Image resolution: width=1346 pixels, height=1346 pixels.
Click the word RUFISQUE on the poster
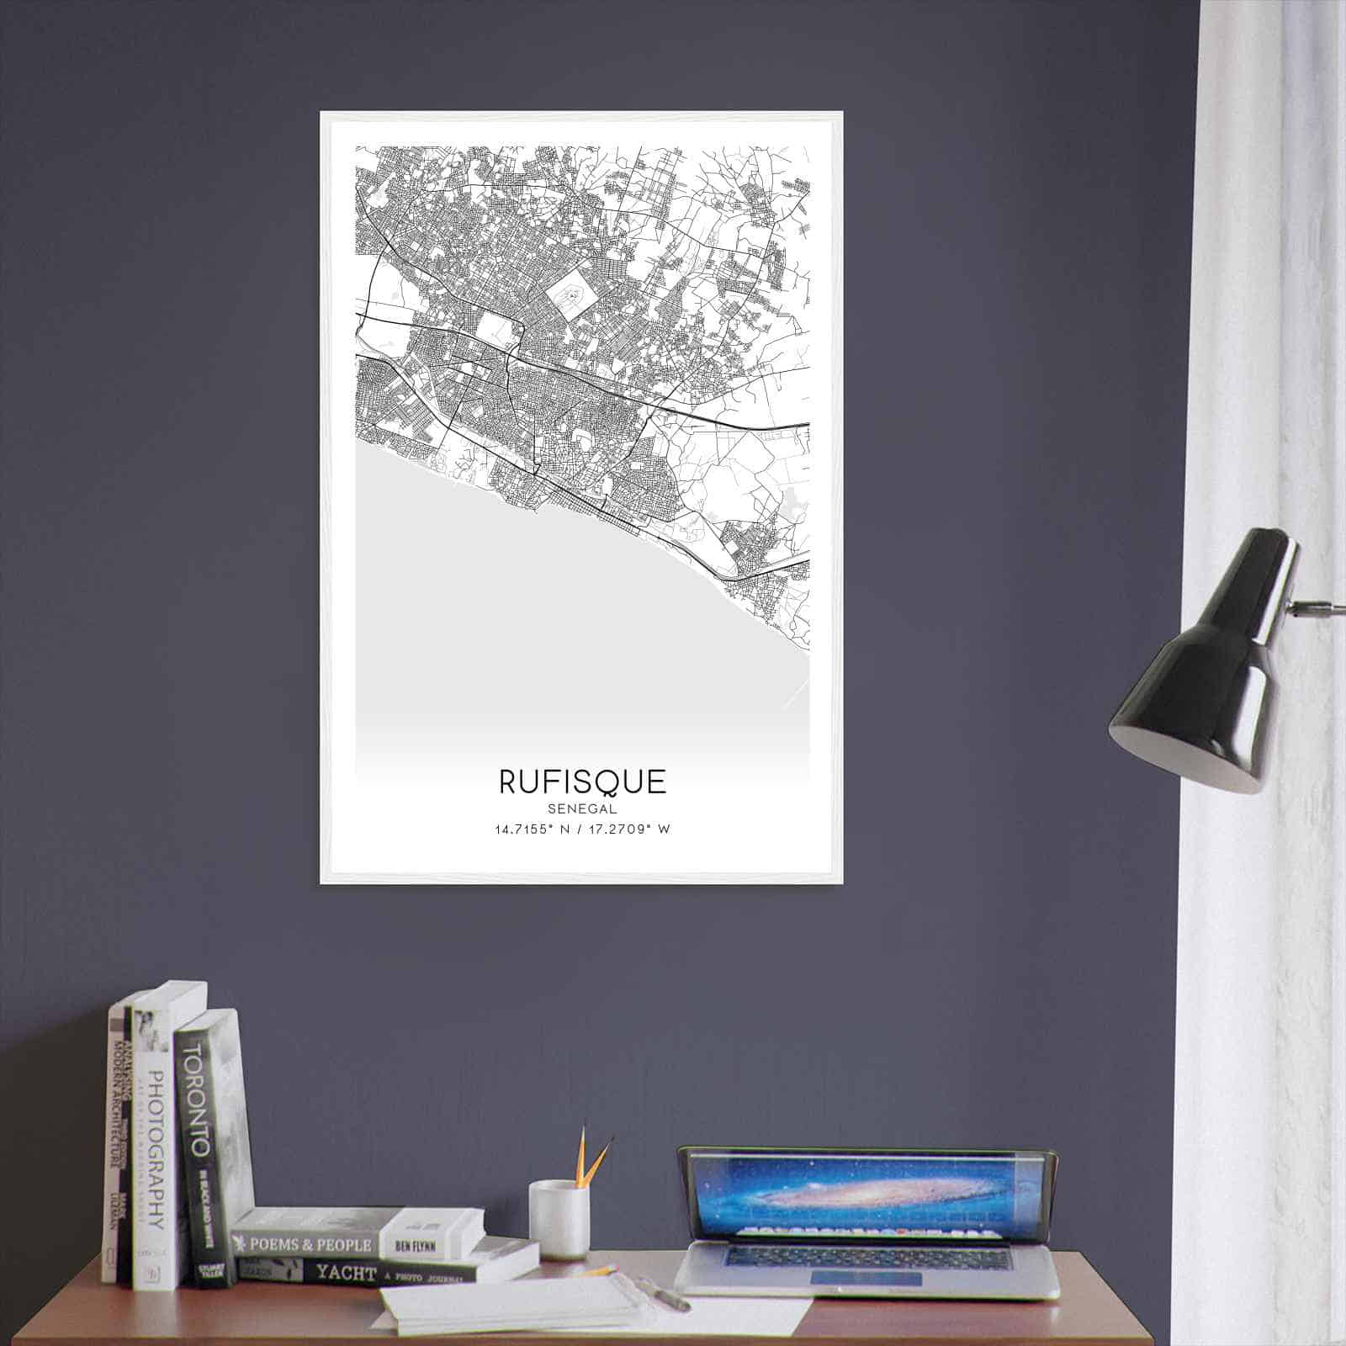coord(582,782)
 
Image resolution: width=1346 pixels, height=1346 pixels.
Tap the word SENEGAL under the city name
coord(582,808)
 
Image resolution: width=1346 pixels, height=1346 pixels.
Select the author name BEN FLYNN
coord(414,1243)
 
